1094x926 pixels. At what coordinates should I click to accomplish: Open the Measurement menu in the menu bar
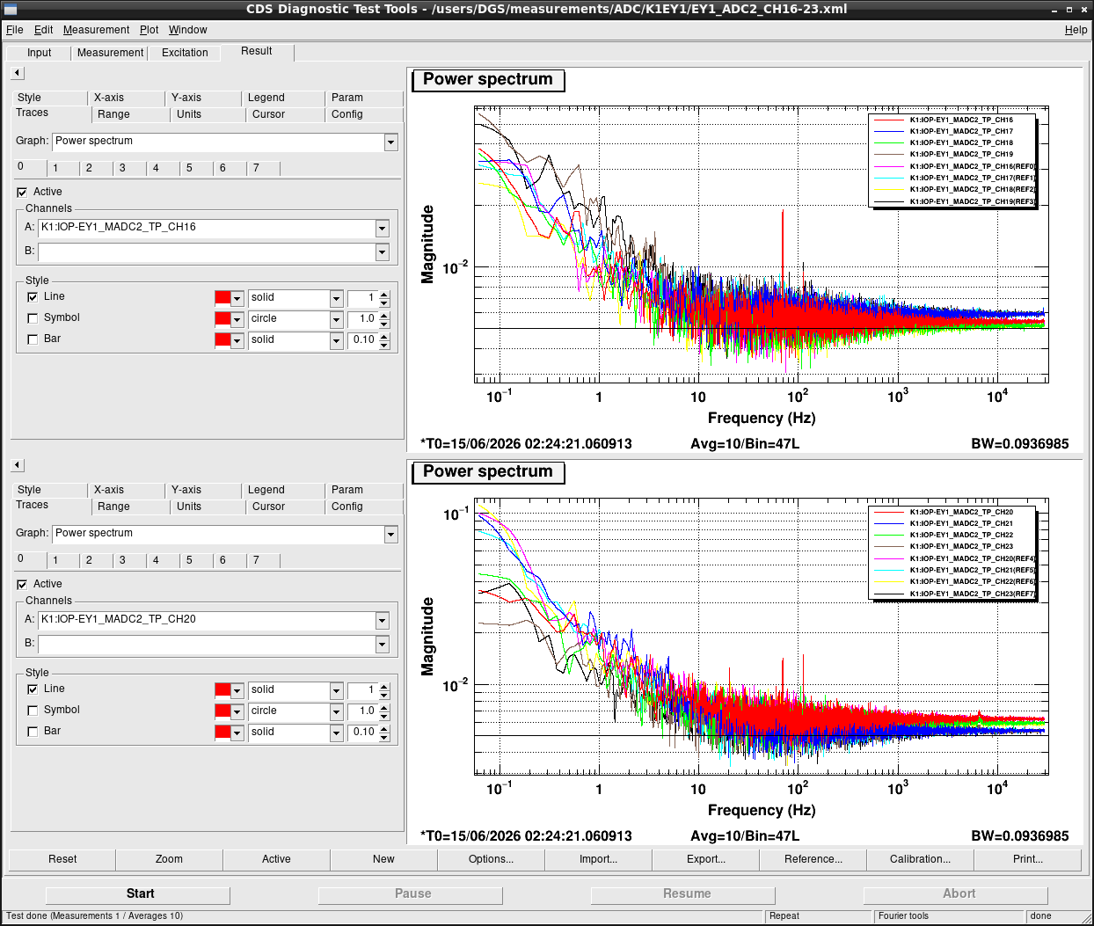click(97, 30)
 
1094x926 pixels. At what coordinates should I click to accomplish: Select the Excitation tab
click(185, 53)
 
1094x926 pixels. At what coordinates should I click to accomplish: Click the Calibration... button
click(920, 859)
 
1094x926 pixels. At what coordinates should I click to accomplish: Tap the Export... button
click(705, 859)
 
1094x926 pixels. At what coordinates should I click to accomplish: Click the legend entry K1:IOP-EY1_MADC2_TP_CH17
click(961, 131)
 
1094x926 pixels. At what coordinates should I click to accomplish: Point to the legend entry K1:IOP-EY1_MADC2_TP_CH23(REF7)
click(973, 594)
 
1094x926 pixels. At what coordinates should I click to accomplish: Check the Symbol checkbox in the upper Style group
click(33, 318)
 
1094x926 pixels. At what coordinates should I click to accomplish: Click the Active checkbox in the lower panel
click(22, 584)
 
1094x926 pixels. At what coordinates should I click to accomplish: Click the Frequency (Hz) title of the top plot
click(762, 418)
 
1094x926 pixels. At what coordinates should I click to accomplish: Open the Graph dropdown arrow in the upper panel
click(390, 142)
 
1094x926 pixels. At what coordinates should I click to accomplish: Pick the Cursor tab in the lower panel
click(268, 507)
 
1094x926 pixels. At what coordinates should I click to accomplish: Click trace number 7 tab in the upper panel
click(256, 168)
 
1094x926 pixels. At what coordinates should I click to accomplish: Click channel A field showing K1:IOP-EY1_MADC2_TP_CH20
click(207, 619)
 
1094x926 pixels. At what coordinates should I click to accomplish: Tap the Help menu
click(1076, 30)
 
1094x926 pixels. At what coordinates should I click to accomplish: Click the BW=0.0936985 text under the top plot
click(1020, 444)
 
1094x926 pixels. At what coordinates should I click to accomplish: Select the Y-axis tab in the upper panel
click(186, 98)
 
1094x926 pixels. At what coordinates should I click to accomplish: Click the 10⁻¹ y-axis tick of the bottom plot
click(456, 514)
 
